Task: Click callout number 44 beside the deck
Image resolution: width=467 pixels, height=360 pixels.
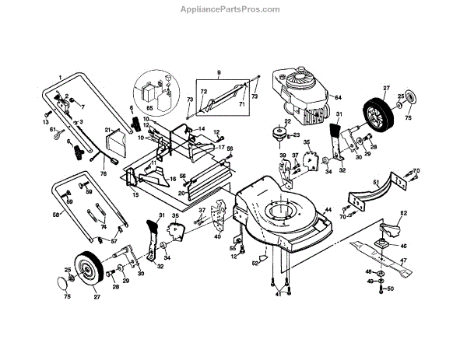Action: click(328, 211)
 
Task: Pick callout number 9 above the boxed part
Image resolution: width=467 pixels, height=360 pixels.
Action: click(219, 74)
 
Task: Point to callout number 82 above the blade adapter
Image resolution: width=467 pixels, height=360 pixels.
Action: click(404, 212)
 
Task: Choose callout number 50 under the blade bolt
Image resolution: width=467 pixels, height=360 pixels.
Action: click(391, 288)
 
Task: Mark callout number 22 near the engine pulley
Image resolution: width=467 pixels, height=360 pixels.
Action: click(286, 121)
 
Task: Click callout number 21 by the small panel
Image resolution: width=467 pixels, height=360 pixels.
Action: click(109, 131)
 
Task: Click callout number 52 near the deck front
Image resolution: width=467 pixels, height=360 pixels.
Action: click(255, 263)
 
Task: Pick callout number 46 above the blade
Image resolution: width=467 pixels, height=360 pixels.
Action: click(403, 246)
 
